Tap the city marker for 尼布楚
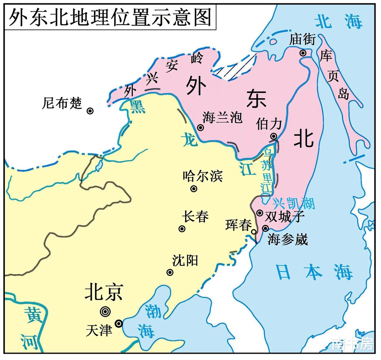(x=90, y=111)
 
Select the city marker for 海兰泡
(x=201, y=128)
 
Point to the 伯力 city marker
(x=274, y=136)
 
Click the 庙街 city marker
(x=303, y=53)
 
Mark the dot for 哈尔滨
(x=194, y=188)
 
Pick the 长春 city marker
(x=182, y=229)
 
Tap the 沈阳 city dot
(x=170, y=272)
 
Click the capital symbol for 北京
(x=105, y=311)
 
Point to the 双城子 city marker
(x=260, y=213)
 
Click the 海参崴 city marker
(x=265, y=228)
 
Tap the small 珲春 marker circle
(x=254, y=232)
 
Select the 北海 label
(x=339, y=22)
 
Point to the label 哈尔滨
(x=203, y=176)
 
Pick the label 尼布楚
(x=62, y=103)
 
